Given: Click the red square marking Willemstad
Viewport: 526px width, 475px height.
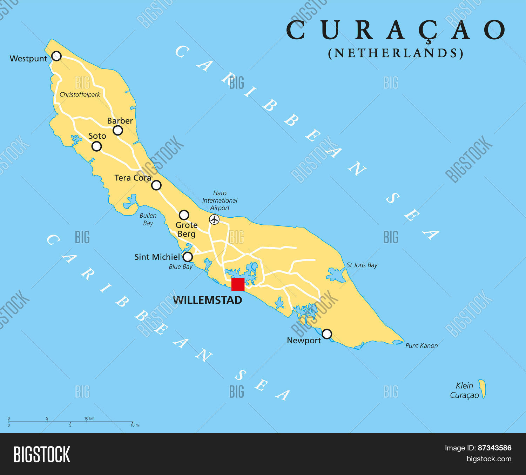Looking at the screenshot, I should [x=238, y=284].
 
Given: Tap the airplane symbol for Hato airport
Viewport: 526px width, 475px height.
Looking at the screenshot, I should [x=214, y=220].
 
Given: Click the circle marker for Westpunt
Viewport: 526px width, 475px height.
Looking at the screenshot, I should [x=56, y=56].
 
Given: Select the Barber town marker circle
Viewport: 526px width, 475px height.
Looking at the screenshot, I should [x=118, y=131].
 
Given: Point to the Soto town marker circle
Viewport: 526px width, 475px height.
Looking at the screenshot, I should [x=96, y=146].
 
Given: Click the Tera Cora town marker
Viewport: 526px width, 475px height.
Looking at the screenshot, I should [x=156, y=185].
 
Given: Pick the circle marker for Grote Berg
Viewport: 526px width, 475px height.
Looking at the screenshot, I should [x=184, y=215].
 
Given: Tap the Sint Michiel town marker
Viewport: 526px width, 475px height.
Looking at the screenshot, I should [x=188, y=257].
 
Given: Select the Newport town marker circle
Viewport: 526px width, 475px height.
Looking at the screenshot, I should [x=327, y=334].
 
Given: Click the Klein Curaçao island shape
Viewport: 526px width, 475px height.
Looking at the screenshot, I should [x=483, y=389].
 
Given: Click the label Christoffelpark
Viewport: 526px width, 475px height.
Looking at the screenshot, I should [x=80, y=94].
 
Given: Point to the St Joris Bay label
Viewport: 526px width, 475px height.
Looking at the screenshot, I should [x=362, y=265].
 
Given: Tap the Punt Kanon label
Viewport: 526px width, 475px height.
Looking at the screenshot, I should [x=422, y=345].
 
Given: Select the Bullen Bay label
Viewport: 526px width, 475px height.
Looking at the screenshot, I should [x=148, y=219].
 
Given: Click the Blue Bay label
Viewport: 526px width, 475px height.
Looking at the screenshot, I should [x=181, y=266].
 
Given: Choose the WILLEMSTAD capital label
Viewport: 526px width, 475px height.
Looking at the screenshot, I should [x=208, y=300].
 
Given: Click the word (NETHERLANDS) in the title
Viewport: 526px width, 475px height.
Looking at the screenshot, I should [x=396, y=53].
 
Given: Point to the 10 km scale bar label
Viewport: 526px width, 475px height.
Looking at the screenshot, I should [x=89, y=418].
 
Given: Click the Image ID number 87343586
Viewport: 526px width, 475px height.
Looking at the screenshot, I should [x=494, y=448].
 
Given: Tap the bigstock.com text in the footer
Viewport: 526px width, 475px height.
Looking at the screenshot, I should [x=489, y=459].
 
